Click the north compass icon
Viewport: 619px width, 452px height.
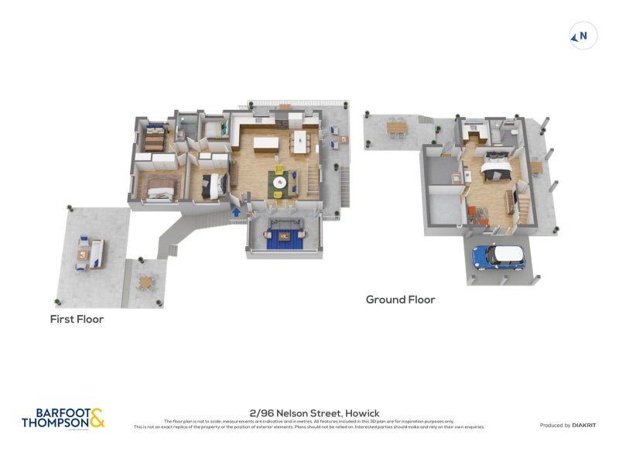[x=583, y=36]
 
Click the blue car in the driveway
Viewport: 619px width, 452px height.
[x=498, y=256]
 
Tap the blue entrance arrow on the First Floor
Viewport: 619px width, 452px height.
[x=236, y=211]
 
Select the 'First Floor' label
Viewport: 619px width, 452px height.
[x=77, y=319]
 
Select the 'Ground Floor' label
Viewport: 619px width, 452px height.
[x=400, y=300]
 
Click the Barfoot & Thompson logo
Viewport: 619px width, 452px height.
[x=63, y=419]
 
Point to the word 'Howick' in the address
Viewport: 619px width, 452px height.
[x=359, y=413]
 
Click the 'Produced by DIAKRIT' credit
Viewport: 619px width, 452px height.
[x=566, y=425]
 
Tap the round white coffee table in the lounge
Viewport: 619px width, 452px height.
[x=279, y=182]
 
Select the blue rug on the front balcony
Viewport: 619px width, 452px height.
[x=284, y=240]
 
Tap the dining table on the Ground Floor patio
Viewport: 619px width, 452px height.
[x=396, y=127]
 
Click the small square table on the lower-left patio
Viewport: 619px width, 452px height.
[x=145, y=282]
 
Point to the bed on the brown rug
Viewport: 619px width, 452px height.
[x=160, y=187]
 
